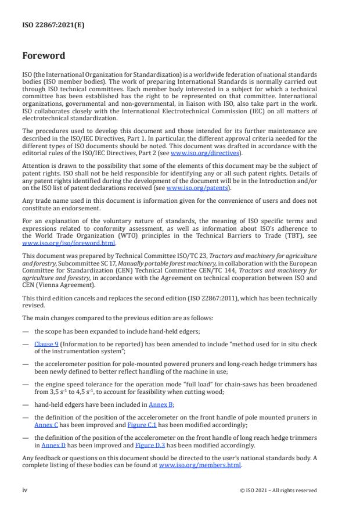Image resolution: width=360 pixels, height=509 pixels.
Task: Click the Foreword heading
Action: pyautogui.click(x=44, y=56)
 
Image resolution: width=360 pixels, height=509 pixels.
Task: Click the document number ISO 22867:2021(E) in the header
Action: pyautogui.click(x=48, y=25)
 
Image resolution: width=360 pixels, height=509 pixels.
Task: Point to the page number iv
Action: pyautogui.click(x=25, y=490)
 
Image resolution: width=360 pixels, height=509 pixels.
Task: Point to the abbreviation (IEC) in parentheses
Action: pyautogui.click(x=241, y=111)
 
